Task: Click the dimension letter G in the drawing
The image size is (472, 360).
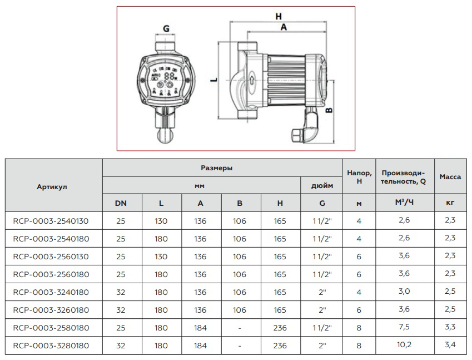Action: click(166, 28)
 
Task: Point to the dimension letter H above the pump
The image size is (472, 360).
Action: click(279, 17)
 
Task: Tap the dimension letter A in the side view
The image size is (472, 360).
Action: click(283, 27)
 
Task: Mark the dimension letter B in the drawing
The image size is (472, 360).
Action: click(329, 111)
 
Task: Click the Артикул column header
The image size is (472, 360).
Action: click(53, 186)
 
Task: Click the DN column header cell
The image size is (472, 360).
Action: click(121, 204)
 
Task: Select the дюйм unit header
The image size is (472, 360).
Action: click(321, 186)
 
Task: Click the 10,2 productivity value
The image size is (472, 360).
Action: click(404, 346)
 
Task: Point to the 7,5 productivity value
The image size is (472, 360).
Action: click(404, 328)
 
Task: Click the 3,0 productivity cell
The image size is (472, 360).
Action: click(404, 292)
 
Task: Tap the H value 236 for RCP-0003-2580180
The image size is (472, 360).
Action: click(280, 328)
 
